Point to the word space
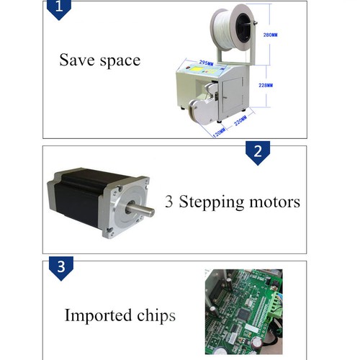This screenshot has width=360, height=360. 117,60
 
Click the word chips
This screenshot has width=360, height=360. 154,316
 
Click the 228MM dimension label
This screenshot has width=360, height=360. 266,85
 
